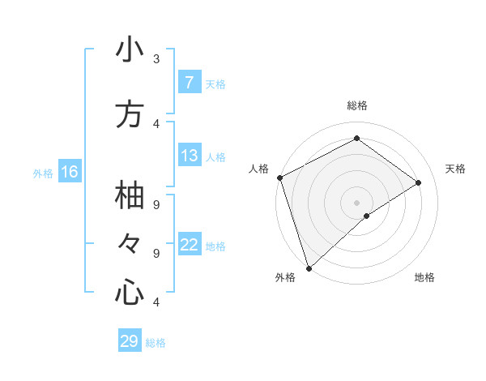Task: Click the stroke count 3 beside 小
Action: pyautogui.click(x=156, y=58)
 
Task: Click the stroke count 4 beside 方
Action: pyautogui.click(x=156, y=124)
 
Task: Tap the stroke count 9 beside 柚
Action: pyautogui.click(x=156, y=204)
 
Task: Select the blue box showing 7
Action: pyautogui.click(x=189, y=82)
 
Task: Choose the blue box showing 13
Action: pyautogui.click(x=189, y=156)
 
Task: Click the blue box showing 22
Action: pyautogui.click(x=189, y=245)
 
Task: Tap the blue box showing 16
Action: pyautogui.click(x=70, y=172)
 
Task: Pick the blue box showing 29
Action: pyautogui.click(x=129, y=341)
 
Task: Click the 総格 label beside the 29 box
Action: pyautogui.click(x=156, y=343)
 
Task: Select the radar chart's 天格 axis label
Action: pyautogui.click(x=455, y=169)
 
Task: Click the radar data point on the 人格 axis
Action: pyautogui.click(x=279, y=178)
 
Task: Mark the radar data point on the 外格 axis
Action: pyautogui.click(x=309, y=268)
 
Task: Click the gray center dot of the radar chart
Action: pyautogui.click(x=356, y=202)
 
